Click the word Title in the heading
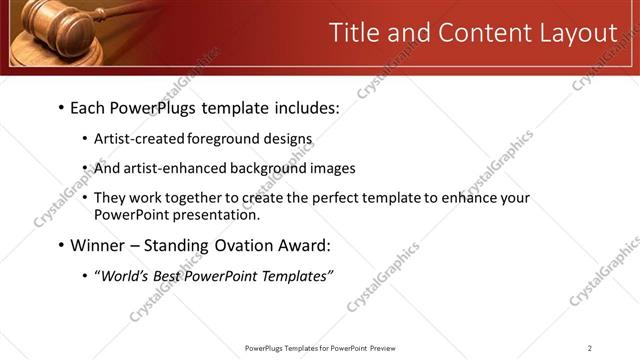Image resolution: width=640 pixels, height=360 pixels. pos(355,33)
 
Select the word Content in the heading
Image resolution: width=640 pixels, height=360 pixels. pos(475,33)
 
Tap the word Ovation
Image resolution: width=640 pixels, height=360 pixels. pos(236,245)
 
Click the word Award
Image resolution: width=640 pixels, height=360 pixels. pos(302,245)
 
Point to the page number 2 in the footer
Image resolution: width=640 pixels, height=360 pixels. pos(590,348)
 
